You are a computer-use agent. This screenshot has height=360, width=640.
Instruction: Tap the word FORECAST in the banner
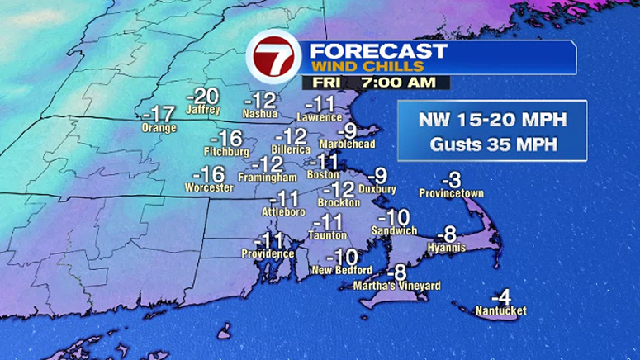[x=377, y=50]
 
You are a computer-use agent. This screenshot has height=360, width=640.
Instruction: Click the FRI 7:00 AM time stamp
[x=376, y=83]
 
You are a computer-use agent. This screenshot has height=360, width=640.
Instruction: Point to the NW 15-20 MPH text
[x=492, y=120]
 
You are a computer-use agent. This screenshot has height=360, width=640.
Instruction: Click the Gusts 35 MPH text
[x=492, y=143]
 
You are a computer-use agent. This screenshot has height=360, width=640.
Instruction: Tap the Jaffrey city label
[x=203, y=110]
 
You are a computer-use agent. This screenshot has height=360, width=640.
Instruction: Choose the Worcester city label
[x=208, y=187]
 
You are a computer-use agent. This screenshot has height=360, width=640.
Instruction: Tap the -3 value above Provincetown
[x=451, y=179]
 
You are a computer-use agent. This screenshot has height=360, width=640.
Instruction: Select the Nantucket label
[x=500, y=310]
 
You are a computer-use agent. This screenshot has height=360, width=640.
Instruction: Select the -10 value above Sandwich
[x=397, y=217]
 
